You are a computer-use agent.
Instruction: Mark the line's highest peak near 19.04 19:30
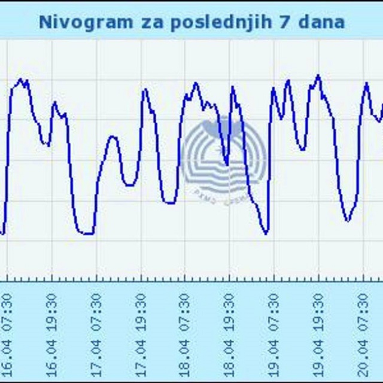[318, 76]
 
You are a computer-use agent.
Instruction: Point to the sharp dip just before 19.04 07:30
[266, 232]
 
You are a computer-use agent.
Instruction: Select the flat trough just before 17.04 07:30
[87, 233]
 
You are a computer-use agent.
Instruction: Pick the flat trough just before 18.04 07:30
[170, 203]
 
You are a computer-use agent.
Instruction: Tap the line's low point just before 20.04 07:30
[347, 220]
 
